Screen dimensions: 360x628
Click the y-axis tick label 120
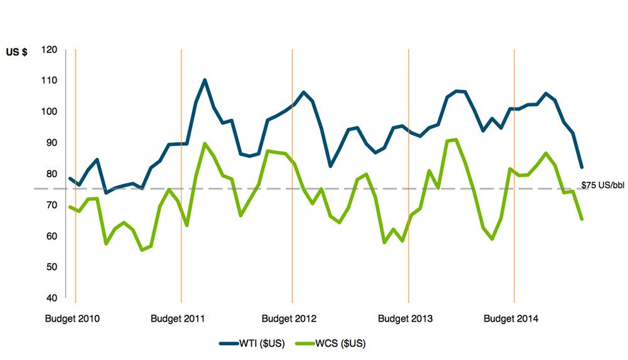(50, 50)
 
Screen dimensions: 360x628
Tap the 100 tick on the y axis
(50, 112)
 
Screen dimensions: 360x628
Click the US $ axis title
(16, 53)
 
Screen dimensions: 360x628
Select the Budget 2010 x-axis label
(72, 319)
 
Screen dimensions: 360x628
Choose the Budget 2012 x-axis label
(289, 319)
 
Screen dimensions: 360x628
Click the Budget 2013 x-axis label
(405, 319)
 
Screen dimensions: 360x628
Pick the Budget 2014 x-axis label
(511, 319)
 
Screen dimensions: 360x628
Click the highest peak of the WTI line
(205, 80)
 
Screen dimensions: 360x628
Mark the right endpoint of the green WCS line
(582, 219)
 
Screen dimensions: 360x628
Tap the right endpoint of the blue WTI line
(582, 167)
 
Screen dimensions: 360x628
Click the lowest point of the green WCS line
(142, 249)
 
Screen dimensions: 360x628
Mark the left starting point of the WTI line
(70, 178)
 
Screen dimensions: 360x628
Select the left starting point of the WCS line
(70, 207)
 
